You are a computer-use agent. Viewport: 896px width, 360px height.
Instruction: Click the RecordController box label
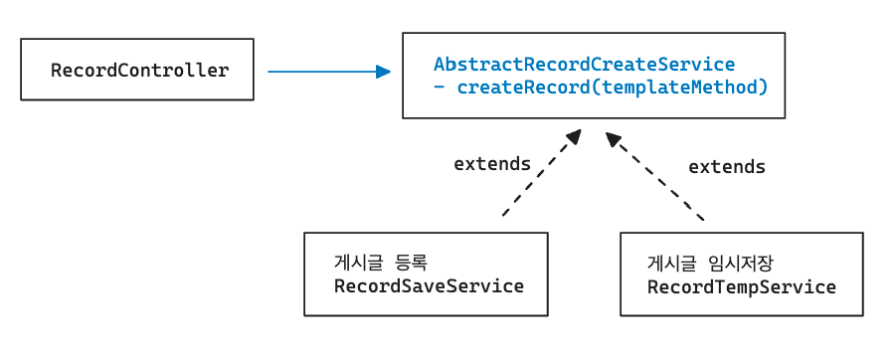coord(139,71)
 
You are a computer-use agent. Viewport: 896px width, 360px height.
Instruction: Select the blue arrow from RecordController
coord(329,72)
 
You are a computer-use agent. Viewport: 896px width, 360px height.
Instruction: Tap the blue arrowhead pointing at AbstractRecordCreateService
coord(384,72)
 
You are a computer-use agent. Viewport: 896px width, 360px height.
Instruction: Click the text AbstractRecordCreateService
coord(584,64)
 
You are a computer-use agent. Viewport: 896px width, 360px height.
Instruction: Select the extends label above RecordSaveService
coord(492,164)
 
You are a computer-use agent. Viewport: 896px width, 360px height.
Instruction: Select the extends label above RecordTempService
coord(726,167)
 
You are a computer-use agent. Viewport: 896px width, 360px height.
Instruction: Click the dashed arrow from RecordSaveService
coord(542,173)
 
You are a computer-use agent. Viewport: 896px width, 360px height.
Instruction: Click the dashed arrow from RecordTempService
coord(655,176)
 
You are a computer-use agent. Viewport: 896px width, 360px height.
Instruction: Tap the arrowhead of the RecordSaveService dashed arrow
coord(573,136)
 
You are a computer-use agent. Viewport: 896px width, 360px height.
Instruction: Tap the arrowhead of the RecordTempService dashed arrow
coord(614,139)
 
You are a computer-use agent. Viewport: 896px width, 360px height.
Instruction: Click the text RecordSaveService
coord(429,285)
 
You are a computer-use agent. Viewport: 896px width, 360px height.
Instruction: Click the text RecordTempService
coord(742,286)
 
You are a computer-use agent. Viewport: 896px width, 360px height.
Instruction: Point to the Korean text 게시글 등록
coord(381,263)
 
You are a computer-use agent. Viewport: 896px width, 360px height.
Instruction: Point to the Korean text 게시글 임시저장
coord(710,264)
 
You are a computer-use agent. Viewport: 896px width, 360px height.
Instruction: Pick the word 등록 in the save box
coord(412,263)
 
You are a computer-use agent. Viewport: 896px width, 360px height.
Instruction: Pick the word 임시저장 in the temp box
coord(741,264)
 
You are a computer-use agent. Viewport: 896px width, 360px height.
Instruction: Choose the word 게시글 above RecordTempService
coord(671,264)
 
